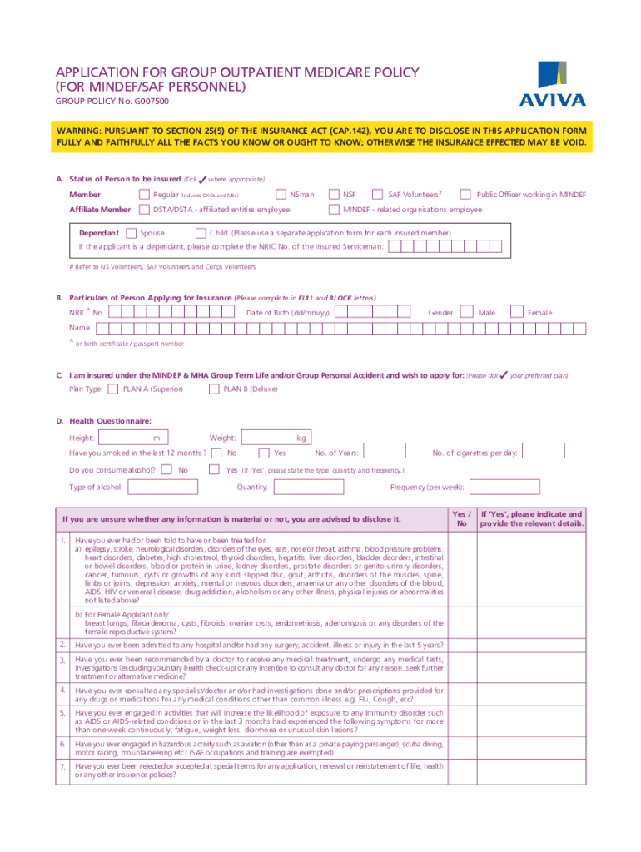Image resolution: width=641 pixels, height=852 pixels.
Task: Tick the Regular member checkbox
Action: tap(145, 195)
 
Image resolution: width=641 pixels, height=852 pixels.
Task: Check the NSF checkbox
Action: tap(335, 195)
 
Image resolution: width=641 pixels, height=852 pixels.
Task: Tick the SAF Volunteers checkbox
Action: tap(379, 195)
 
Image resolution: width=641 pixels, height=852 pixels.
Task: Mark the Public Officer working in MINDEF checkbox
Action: tap(466, 195)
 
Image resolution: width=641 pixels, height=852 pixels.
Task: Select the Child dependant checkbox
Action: tap(201, 233)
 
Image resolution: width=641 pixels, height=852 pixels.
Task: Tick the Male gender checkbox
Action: tap(469, 312)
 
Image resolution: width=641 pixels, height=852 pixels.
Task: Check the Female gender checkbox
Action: tap(518, 312)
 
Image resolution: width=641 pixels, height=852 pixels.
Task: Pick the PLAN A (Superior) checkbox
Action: tap(113, 389)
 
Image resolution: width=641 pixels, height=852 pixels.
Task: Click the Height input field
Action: tap(132, 438)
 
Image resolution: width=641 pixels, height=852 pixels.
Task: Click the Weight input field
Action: tap(276, 438)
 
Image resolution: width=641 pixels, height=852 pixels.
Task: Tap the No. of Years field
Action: tap(385, 452)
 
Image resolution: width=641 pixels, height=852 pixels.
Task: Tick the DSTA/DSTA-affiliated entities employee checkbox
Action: tap(145, 210)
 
